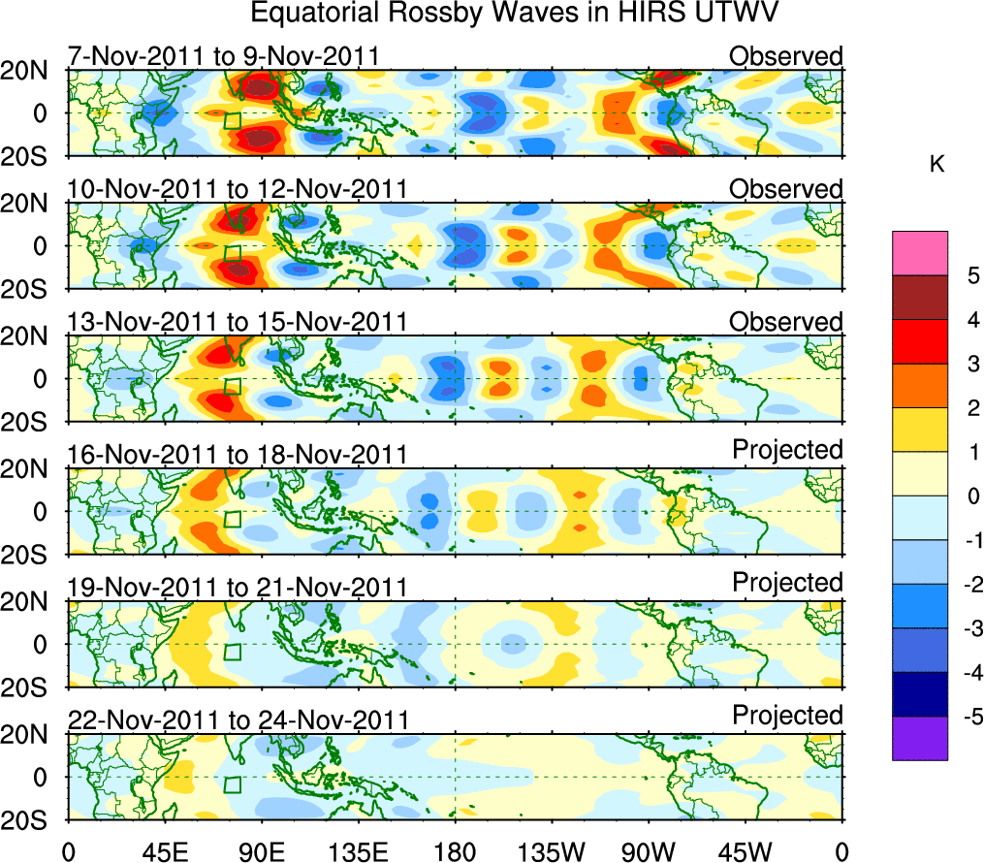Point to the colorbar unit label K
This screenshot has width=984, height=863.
[936, 166]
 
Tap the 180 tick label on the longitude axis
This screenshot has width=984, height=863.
[455, 851]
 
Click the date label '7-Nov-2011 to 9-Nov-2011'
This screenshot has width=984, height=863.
[223, 56]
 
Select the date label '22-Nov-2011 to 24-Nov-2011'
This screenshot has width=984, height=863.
[238, 720]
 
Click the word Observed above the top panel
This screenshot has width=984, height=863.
[786, 56]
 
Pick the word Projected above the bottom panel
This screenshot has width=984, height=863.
[787, 716]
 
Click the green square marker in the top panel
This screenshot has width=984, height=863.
[232, 121]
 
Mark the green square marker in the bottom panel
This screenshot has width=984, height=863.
[232, 784]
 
